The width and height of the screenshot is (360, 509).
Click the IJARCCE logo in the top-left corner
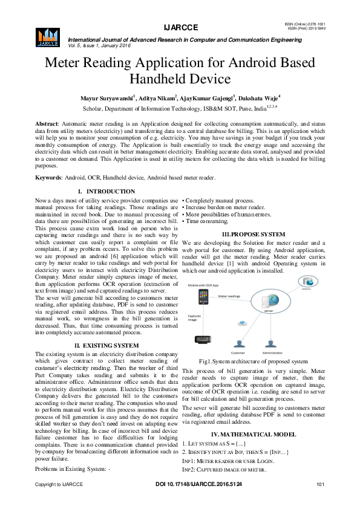48,36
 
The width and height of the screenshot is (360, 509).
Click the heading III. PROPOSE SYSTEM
254,233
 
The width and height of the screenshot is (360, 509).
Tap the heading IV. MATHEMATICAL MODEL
254,435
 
